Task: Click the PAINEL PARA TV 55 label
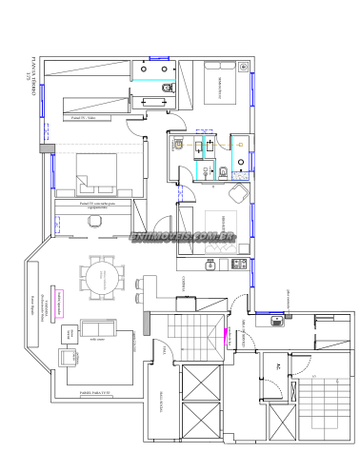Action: pyautogui.click(x=92, y=392)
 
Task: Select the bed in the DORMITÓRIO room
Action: pyautogui.click(x=227, y=84)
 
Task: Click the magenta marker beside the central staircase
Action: pyautogui.click(x=227, y=333)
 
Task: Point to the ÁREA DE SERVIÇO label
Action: pyautogui.click(x=245, y=335)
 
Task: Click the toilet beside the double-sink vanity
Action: pyautogui.click(x=170, y=88)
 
